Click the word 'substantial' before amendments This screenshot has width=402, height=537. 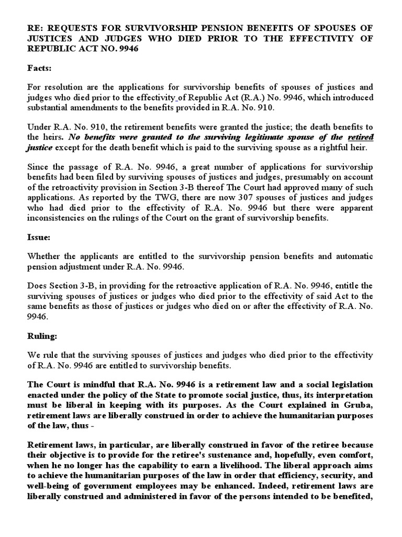[49, 108]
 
